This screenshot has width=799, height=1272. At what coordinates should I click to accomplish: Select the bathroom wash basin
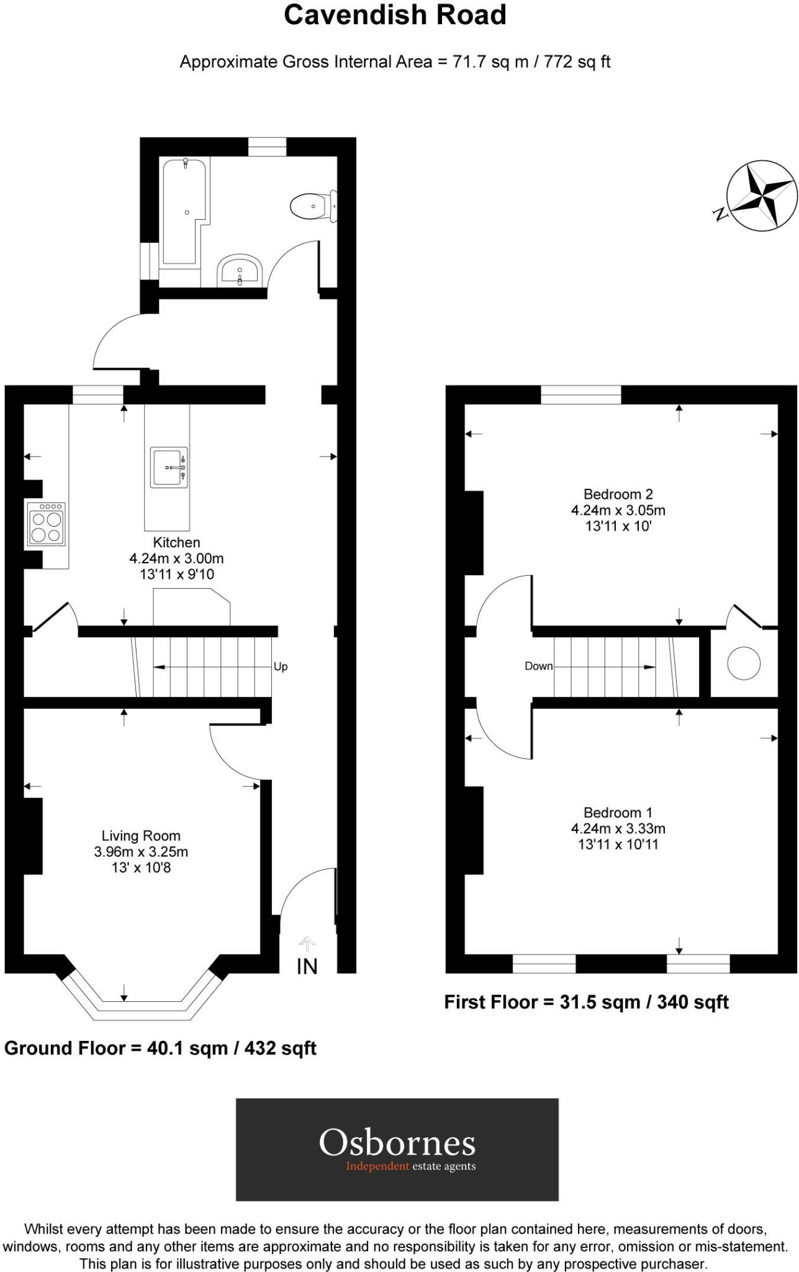[240, 271]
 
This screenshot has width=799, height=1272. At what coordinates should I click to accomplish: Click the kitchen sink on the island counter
[169, 467]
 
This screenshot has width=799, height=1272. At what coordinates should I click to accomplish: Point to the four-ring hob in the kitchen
[46, 525]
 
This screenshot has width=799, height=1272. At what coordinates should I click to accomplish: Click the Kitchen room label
[176, 542]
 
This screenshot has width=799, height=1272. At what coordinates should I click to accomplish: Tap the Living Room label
[141, 836]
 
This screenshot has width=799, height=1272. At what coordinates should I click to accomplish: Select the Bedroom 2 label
[618, 494]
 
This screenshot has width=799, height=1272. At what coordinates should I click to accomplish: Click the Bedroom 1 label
[618, 812]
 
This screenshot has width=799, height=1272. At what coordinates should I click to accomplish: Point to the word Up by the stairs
[281, 666]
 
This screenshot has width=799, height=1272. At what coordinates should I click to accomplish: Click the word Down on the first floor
[538, 666]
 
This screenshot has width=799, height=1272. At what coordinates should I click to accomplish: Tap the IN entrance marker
[307, 966]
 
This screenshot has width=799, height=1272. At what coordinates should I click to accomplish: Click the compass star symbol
[762, 195]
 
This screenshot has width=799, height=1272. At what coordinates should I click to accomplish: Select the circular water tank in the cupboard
[743, 663]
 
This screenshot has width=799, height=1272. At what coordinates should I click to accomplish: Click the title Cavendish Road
[395, 15]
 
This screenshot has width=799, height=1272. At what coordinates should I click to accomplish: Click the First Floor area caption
[586, 1002]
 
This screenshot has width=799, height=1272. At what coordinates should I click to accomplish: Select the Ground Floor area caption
[160, 1048]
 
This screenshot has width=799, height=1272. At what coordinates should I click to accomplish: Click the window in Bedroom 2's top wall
[580, 394]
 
